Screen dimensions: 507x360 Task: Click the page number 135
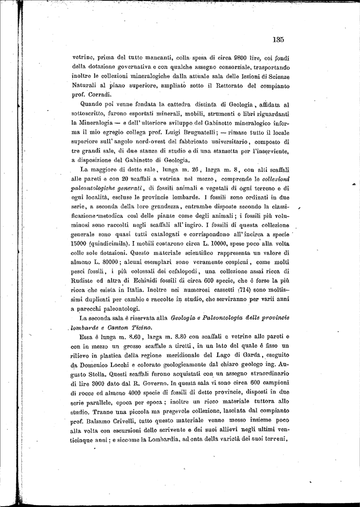coord(277,40)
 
